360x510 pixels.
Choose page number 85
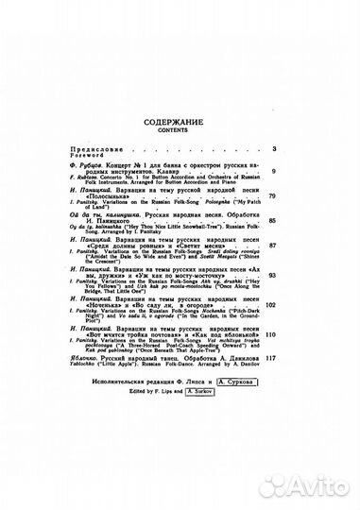[272, 221]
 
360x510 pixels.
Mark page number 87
[272, 246]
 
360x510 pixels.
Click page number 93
[272, 275]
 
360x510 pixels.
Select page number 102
[271, 306]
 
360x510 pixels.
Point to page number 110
[271, 335]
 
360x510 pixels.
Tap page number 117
[271, 359]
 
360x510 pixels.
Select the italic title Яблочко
[87, 358]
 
